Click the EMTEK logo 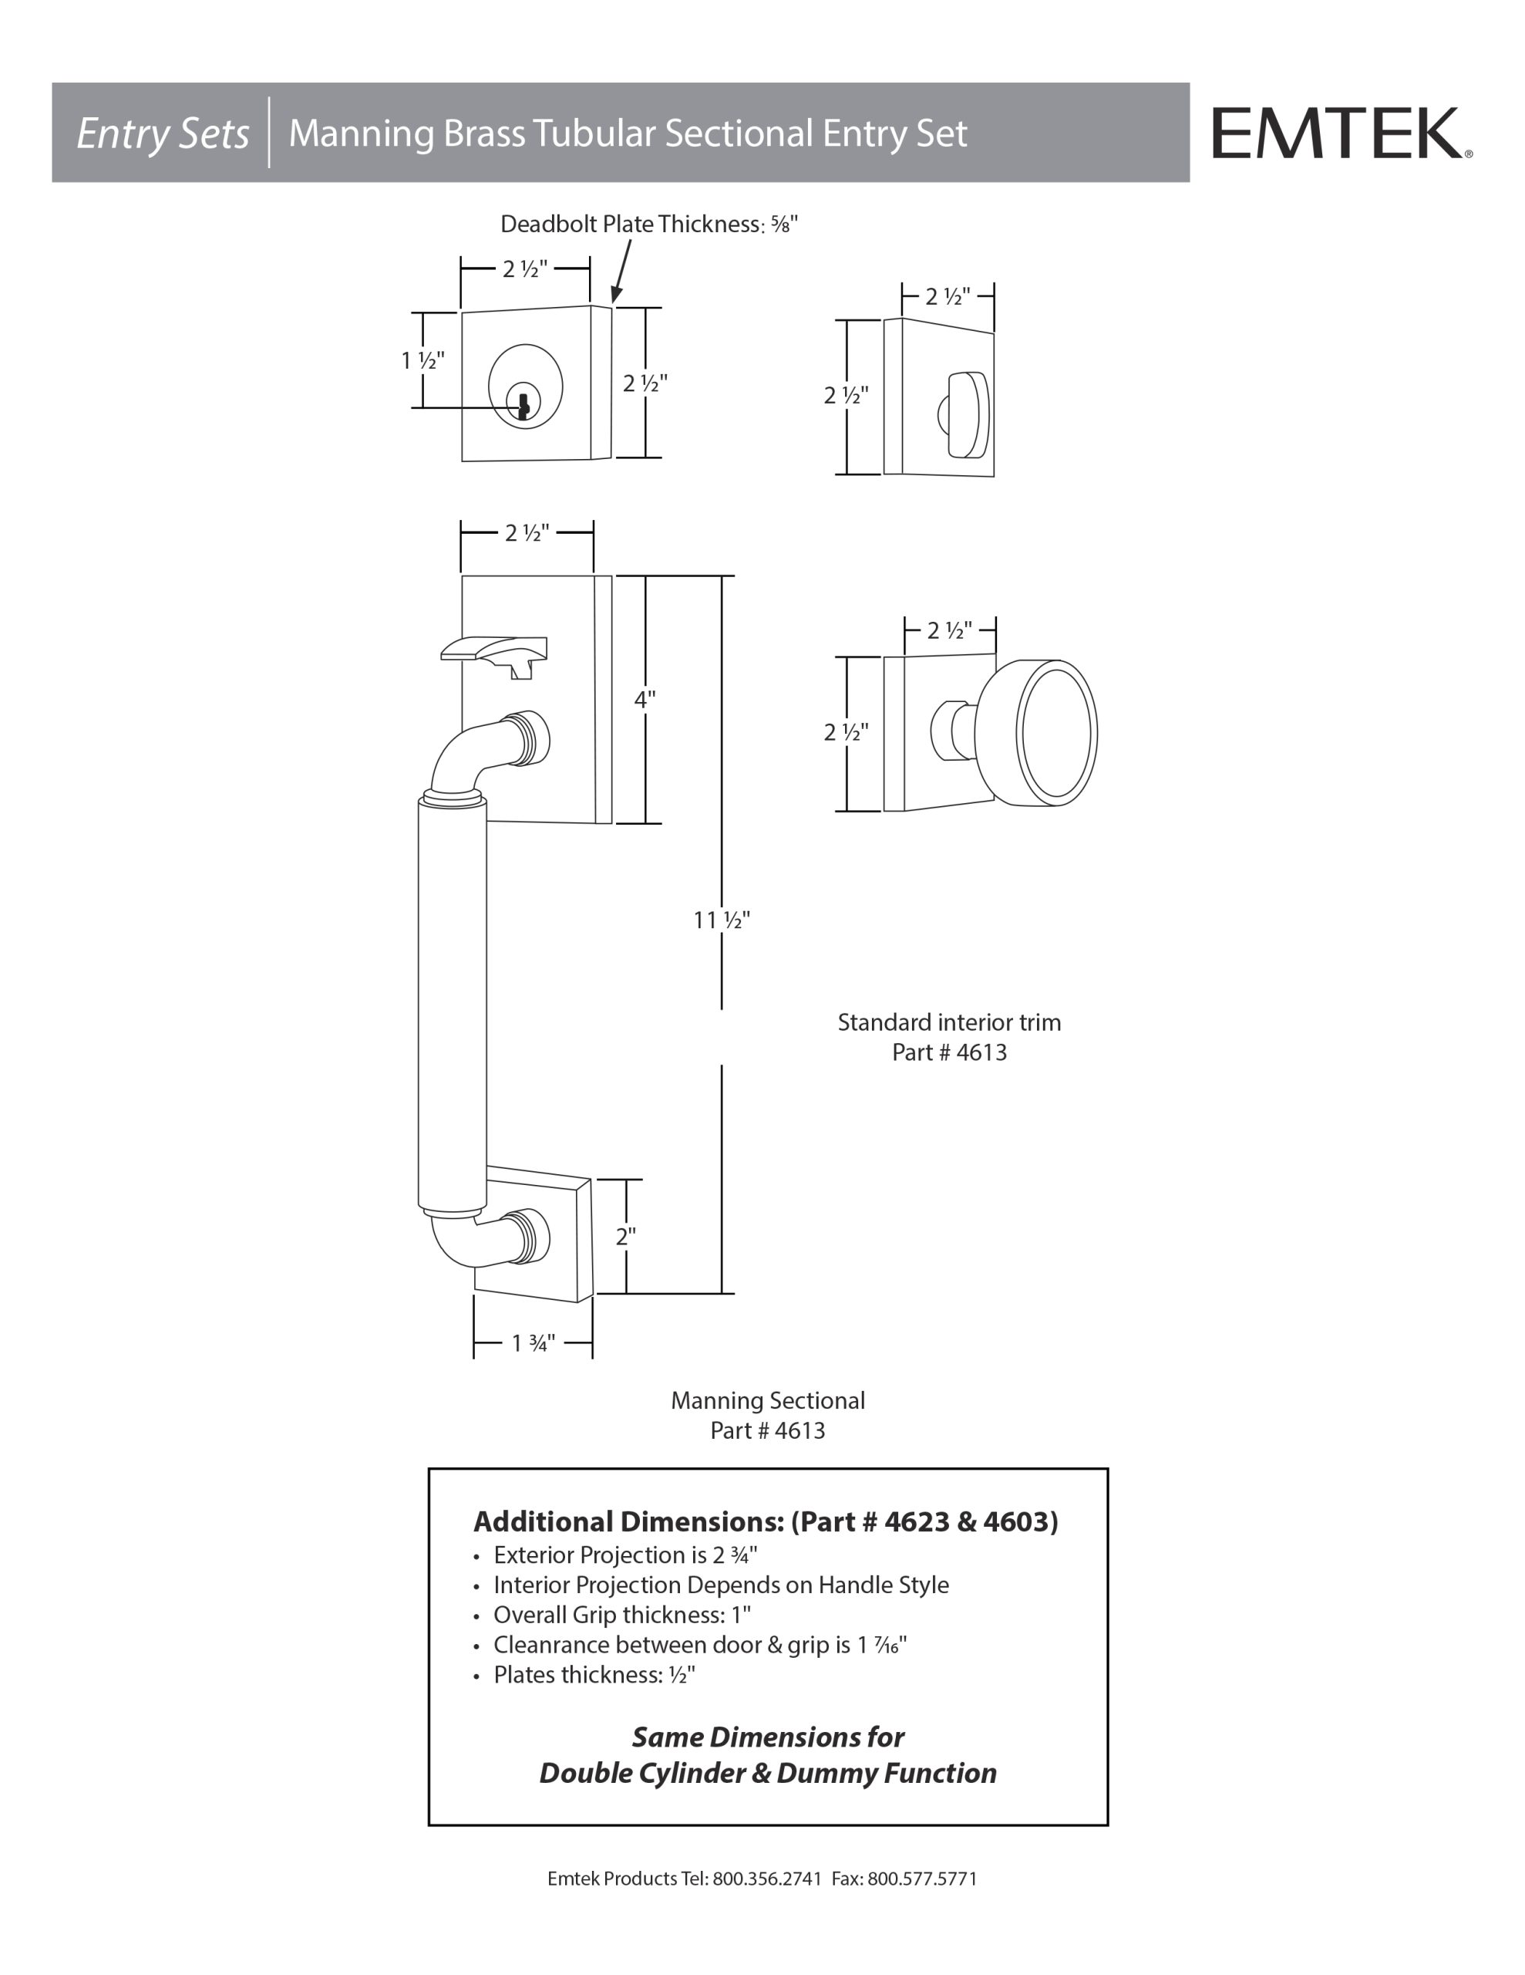coord(1342,133)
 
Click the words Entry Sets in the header coord(163,133)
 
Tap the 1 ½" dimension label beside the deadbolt coord(423,361)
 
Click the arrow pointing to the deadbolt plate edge coord(621,272)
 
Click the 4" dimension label coord(645,699)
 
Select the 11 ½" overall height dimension coord(722,920)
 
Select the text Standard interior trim coord(949,1023)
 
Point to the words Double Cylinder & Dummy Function coord(767,1774)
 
